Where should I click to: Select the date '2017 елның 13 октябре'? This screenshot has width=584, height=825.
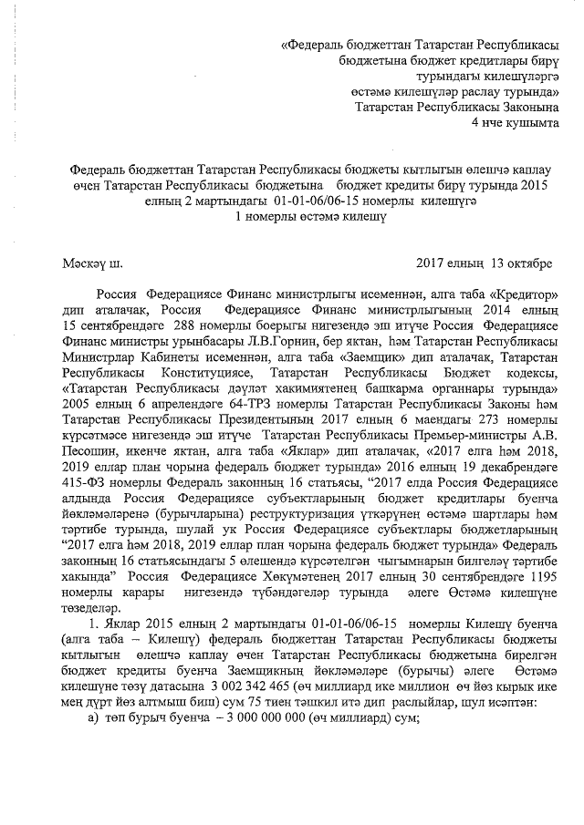[483, 263]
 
